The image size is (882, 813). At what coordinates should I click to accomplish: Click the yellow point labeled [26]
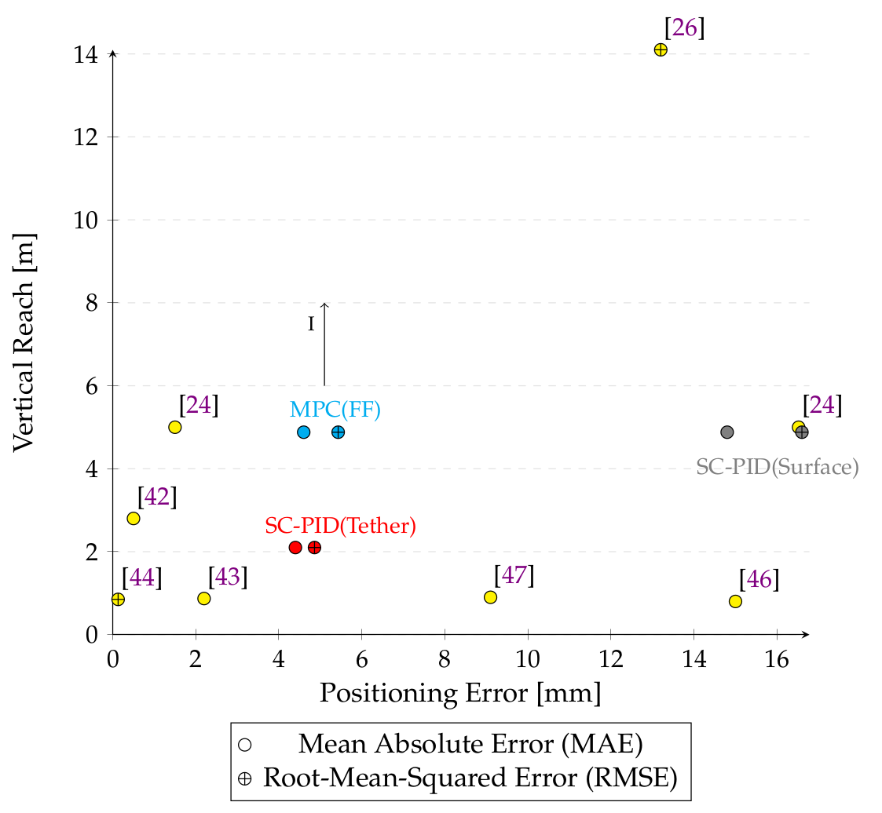[661, 49]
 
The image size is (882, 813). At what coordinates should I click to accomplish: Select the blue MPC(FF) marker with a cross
[339, 432]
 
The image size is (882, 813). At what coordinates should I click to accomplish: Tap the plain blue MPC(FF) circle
[304, 432]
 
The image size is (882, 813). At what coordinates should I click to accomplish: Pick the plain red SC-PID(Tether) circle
[295, 547]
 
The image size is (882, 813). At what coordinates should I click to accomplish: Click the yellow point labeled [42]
[134, 518]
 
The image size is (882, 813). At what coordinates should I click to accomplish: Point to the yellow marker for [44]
[118, 600]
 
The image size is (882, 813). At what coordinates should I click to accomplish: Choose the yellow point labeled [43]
[204, 599]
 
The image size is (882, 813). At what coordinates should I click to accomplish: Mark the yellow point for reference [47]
[491, 597]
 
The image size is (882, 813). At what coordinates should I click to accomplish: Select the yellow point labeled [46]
[735, 601]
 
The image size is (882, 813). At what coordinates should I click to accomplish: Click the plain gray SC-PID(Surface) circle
[727, 432]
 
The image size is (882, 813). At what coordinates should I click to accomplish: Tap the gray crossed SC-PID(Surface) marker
[802, 432]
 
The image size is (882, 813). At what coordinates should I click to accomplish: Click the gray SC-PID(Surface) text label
[778, 468]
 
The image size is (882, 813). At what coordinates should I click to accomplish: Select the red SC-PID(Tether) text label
[340, 525]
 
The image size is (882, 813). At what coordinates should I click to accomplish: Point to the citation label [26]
[684, 28]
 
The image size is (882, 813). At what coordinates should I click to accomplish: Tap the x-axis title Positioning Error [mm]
[460, 694]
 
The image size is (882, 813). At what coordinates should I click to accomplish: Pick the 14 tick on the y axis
[86, 55]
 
